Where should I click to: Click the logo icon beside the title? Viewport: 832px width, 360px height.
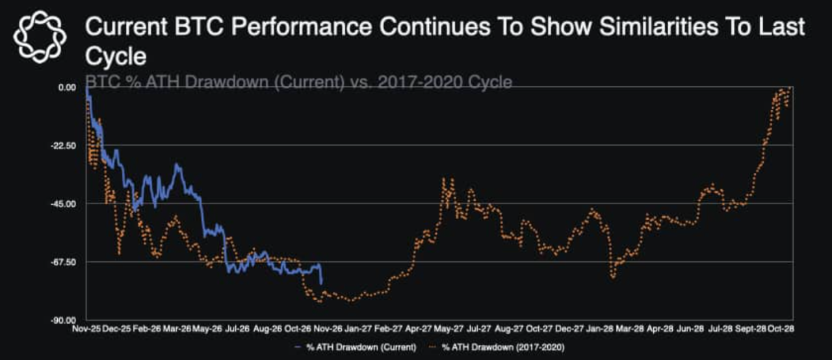(x=40, y=37)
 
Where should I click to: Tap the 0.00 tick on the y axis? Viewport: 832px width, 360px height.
(x=67, y=87)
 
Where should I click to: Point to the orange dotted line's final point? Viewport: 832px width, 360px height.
(x=790, y=88)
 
